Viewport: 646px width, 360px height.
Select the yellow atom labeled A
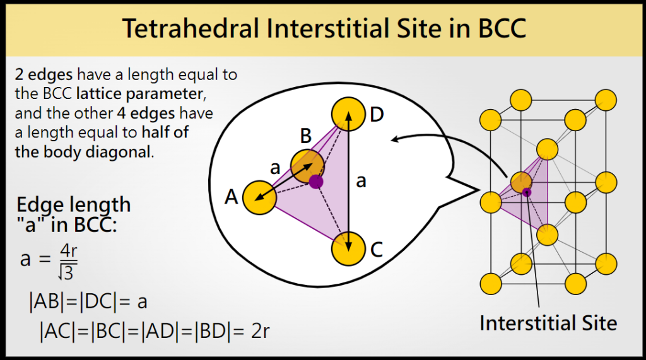click(259, 197)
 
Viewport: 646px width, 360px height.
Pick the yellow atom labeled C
click(349, 248)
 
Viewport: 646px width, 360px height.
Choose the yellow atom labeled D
click(349, 114)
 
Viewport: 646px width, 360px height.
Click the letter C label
click(377, 250)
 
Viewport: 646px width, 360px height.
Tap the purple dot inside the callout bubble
click(316, 182)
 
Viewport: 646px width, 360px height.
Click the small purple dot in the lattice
click(527, 192)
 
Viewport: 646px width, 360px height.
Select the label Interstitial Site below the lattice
click(548, 323)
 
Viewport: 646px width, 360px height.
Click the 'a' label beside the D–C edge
click(361, 182)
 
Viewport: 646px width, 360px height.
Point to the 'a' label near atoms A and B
click(274, 168)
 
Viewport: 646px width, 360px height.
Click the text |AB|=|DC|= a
click(88, 301)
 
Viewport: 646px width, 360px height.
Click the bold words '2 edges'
click(42, 75)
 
